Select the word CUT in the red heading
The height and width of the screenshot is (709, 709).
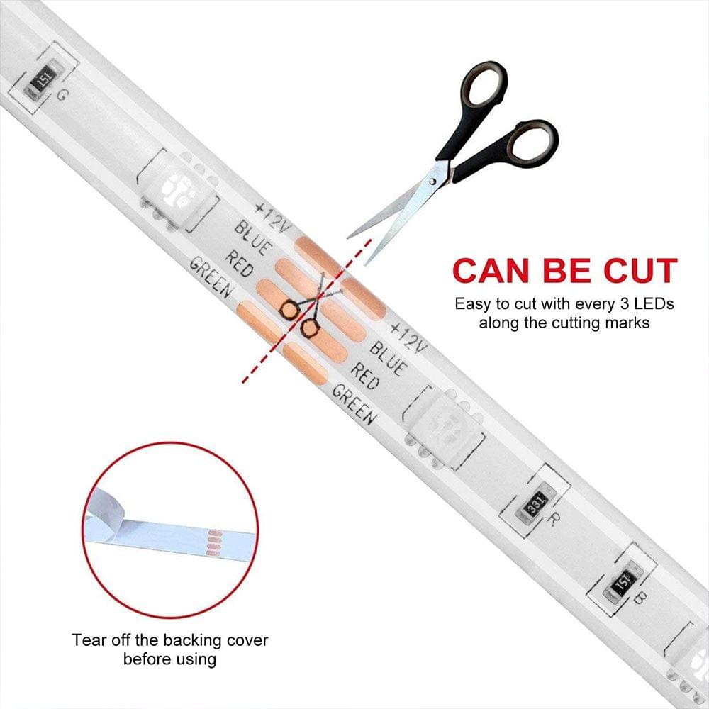638,272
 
